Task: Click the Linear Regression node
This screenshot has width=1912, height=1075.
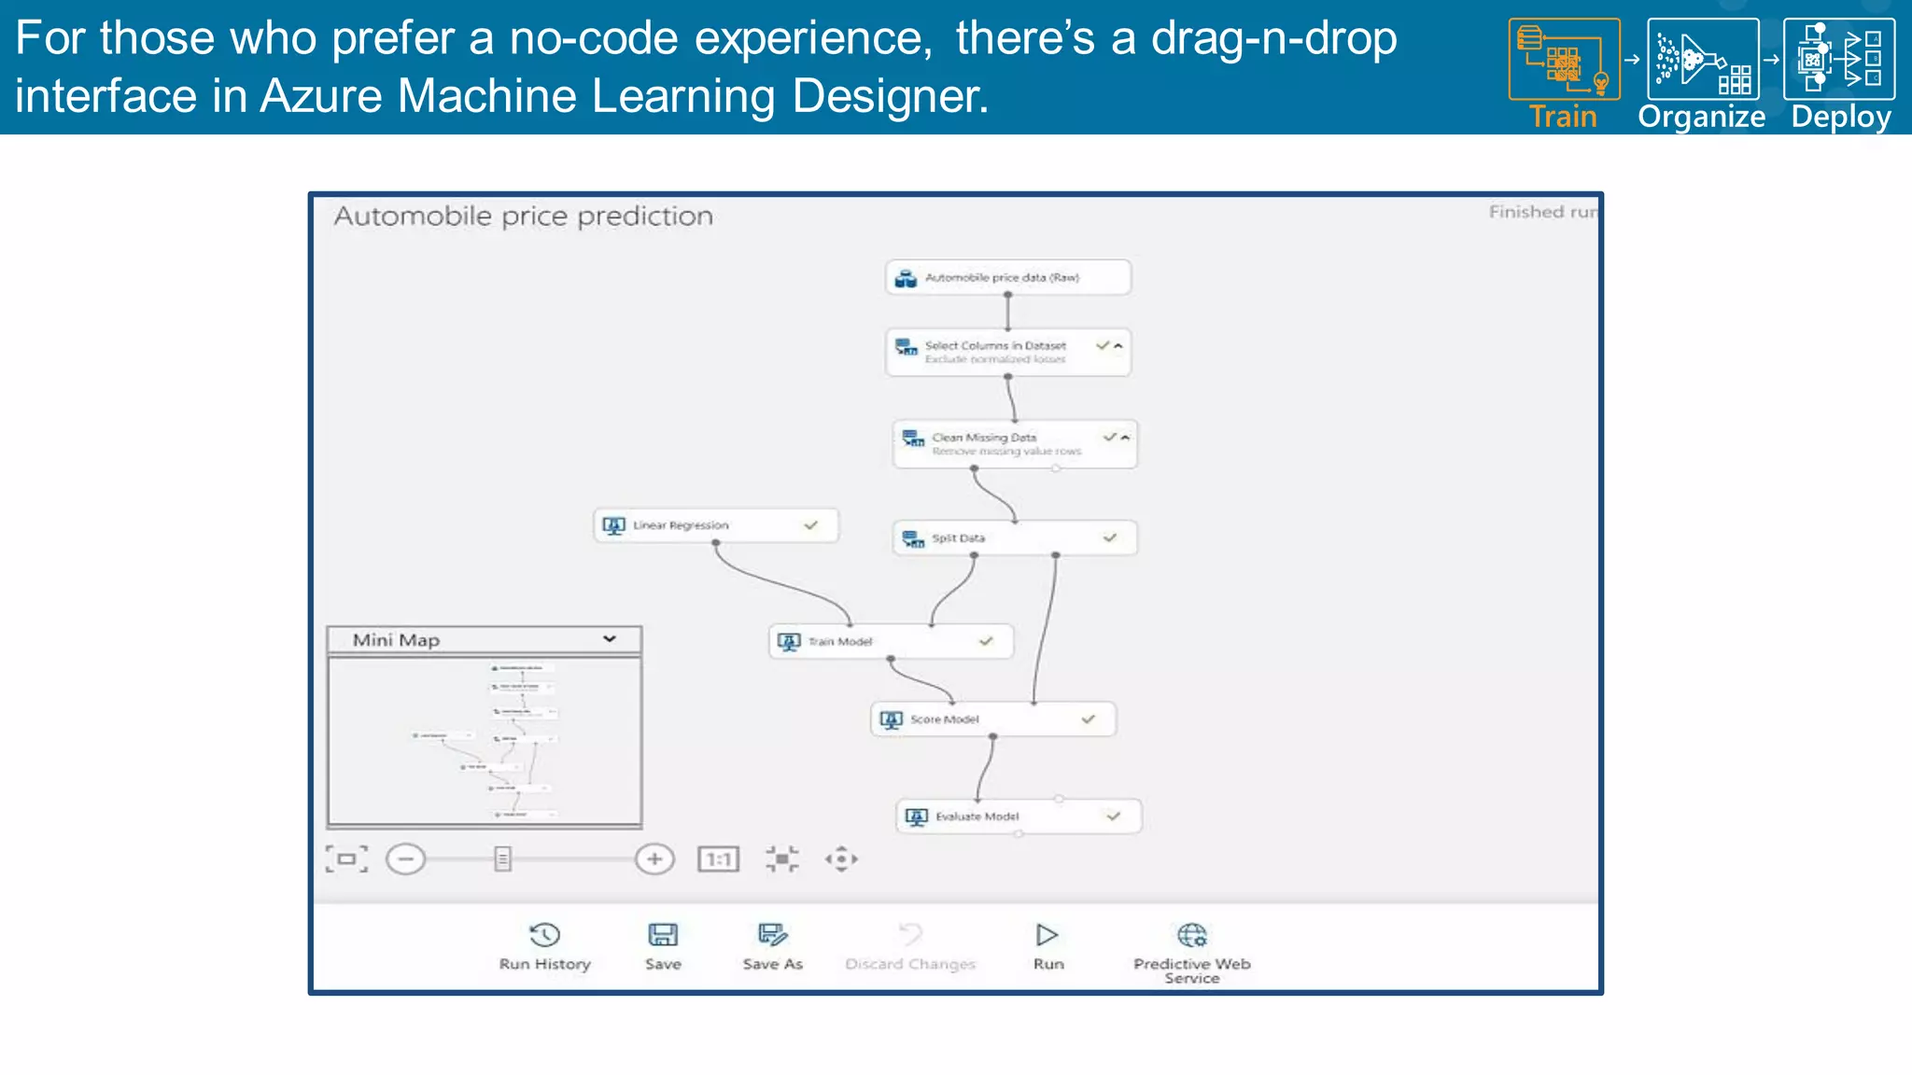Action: click(715, 525)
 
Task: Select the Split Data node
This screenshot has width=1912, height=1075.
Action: click(1014, 538)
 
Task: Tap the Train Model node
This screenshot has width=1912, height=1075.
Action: click(890, 642)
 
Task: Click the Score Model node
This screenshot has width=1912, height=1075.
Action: click(992, 719)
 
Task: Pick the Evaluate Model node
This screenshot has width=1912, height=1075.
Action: click(1018, 817)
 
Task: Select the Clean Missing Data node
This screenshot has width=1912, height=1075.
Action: click(1014, 443)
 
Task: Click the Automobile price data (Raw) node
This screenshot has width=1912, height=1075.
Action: click(1007, 278)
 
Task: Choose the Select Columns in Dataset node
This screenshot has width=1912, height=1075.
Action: click(1007, 352)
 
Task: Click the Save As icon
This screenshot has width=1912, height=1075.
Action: click(772, 936)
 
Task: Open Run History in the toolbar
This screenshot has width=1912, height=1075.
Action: click(544, 936)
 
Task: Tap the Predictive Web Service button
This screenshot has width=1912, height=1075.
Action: click(1191, 936)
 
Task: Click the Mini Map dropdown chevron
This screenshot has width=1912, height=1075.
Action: click(610, 639)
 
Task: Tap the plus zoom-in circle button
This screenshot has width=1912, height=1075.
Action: click(654, 859)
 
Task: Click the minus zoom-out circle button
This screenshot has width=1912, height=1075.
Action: click(405, 859)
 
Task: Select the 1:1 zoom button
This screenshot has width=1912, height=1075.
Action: click(718, 859)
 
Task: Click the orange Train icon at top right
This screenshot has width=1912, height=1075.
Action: click(1564, 59)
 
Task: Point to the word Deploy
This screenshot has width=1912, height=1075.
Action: click(1840, 117)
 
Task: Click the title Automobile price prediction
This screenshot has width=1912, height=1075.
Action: click(523, 216)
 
